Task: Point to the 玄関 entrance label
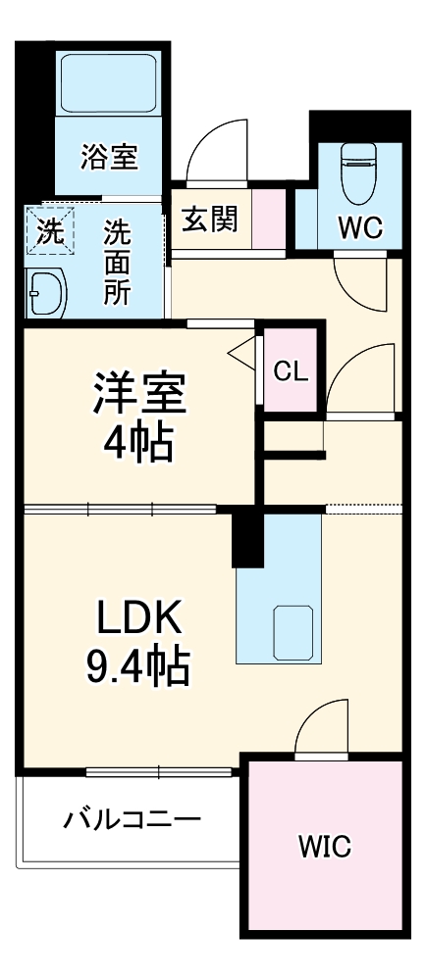point(209,220)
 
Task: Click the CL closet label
point(291,370)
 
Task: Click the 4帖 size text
point(138,443)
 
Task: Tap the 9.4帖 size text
point(137,667)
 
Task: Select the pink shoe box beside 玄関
point(268,220)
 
